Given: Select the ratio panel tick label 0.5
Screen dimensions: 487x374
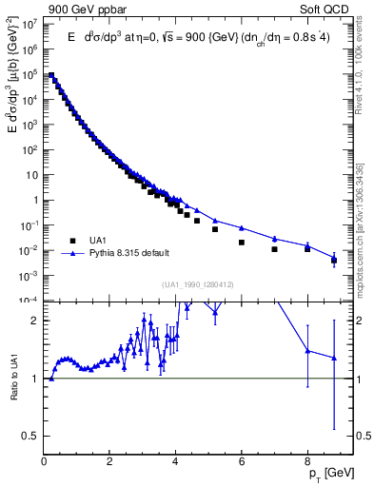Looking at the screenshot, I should pos(30,436).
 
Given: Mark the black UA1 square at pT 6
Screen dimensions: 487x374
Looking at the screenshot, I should pos(242,243).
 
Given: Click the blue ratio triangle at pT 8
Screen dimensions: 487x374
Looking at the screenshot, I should pos(307,351).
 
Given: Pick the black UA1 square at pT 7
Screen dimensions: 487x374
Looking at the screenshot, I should pos(274,249).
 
